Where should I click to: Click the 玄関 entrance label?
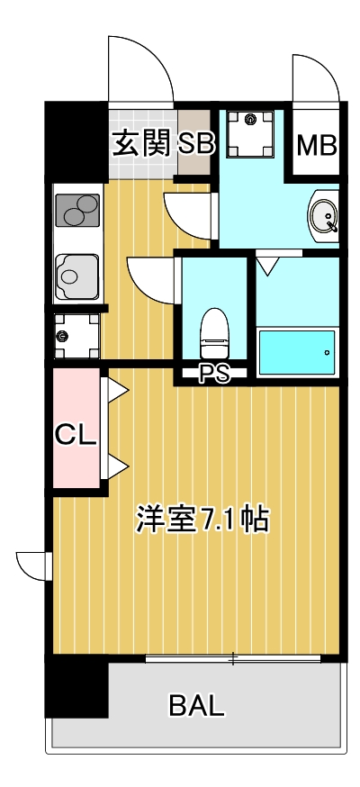pyautogui.click(x=140, y=143)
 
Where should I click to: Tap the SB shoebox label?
pyautogui.click(x=194, y=143)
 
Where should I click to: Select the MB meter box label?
pyautogui.click(x=316, y=145)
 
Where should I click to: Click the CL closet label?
pyautogui.click(x=76, y=435)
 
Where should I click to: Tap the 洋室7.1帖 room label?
pyautogui.click(x=202, y=519)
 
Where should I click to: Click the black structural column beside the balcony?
pyautogui.click(x=77, y=688)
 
